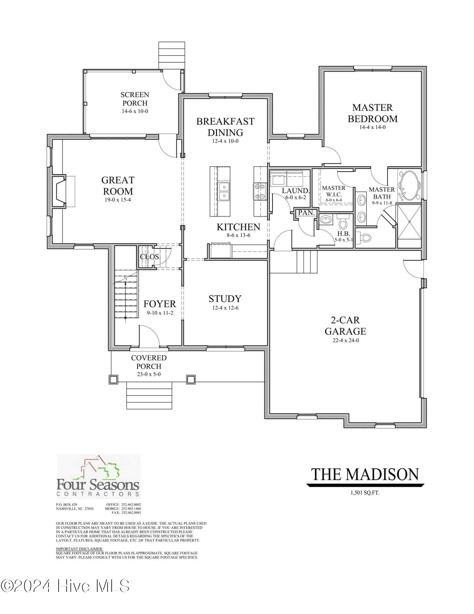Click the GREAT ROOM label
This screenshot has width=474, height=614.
(x=118, y=185)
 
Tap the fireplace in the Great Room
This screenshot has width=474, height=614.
(x=59, y=191)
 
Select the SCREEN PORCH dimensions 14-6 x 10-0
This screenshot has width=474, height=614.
(x=135, y=111)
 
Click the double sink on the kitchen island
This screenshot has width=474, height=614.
(x=223, y=191)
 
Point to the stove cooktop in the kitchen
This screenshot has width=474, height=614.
(x=260, y=191)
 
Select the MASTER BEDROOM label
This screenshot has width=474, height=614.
(x=372, y=113)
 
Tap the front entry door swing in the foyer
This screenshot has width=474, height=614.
(x=149, y=337)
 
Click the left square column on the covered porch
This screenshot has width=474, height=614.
(x=113, y=379)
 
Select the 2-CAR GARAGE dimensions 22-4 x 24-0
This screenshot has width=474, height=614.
(x=345, y=340)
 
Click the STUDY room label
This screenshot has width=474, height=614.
(x=225, y=299)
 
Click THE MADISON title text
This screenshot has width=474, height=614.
(x=365, y=474)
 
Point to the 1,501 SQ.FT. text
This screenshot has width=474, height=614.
(x=365, y=493)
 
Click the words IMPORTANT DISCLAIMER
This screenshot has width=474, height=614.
(x=79, y=549)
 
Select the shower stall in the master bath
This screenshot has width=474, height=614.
(x=409, y=221)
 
